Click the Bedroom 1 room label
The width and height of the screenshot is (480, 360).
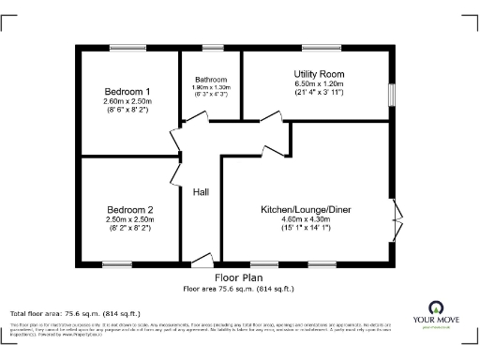(x=127, y=91)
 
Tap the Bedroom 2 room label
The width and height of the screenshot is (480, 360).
(x=129, y=209)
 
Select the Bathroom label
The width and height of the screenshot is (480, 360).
(x=211, y=80)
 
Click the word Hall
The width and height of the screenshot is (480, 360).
(x=201, y=192)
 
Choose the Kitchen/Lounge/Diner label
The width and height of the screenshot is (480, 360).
(x=307, y=209)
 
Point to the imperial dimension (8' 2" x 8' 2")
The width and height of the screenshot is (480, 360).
(x=129, y=228)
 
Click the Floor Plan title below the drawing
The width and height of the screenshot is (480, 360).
(x=238, y=278)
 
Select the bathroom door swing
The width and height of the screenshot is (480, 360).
(x=196, y=117)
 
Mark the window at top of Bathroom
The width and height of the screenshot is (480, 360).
(x=214, y=48)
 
